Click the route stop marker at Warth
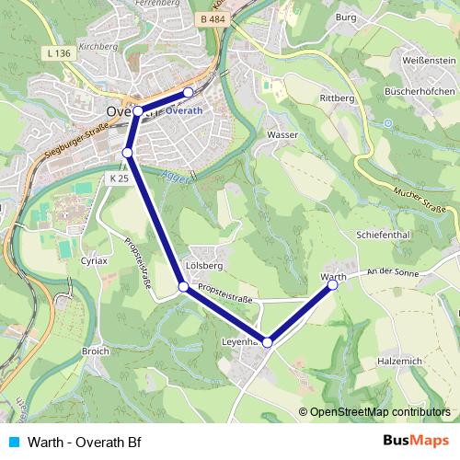pyautogui.click(x=333, y=285)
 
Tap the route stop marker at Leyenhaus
pyautogui.click(x=268, y=342)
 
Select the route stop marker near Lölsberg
pyautogui.click(x=183, y=287)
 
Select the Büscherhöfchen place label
pyautogui.click(x=418, y=94)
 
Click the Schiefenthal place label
pyautogui.click(x=382, y=235)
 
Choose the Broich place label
pyautogui.click(x=96, y=351)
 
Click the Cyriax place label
pyautogui.click(x=94, y=260)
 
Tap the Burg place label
pyautogui.click(x=346, y=17)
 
